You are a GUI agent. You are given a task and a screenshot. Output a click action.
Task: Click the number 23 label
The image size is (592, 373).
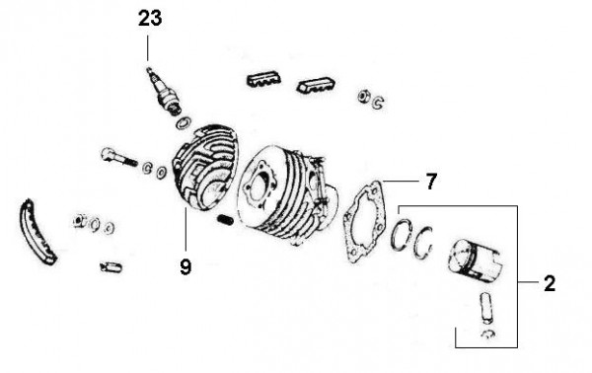[x=150, y=19]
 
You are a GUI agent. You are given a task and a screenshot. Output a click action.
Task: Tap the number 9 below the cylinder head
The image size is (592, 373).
[x=185, y=266]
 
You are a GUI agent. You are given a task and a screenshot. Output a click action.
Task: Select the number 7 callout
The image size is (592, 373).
[x=431, y=182]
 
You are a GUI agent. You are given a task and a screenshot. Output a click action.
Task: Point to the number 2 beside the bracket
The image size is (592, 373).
[x=550, y=283]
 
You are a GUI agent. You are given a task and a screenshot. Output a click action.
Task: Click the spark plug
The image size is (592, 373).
[x=164, y=91]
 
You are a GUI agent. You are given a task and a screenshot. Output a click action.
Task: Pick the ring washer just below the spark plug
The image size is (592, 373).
[x=184, y=122]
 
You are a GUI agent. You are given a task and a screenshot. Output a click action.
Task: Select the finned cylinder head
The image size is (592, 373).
[x=204, y=168]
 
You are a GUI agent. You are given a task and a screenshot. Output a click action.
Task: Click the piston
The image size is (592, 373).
[x=476, y=261]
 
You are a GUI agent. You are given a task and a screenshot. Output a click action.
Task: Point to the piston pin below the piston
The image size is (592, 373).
[x=486, y=308]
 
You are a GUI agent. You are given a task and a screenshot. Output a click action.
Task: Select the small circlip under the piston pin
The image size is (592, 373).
[x=489, y=334]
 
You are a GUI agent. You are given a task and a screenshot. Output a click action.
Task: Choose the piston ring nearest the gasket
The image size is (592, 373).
[x=401, y=235]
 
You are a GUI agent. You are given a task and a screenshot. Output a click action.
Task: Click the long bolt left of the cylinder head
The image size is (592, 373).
[x=118, y=157]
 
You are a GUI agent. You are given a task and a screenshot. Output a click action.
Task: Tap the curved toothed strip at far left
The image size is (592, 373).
[x=37, y=233]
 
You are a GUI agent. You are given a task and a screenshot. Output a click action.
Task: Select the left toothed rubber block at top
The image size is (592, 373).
[x=263, y=80]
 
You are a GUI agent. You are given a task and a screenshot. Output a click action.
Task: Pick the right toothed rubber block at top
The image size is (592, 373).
[x=316, y=86]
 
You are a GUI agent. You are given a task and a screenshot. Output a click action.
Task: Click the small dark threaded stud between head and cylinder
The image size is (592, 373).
[x=226, y=219]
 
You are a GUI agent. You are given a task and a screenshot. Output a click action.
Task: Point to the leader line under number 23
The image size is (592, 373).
[x=148, y=47]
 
